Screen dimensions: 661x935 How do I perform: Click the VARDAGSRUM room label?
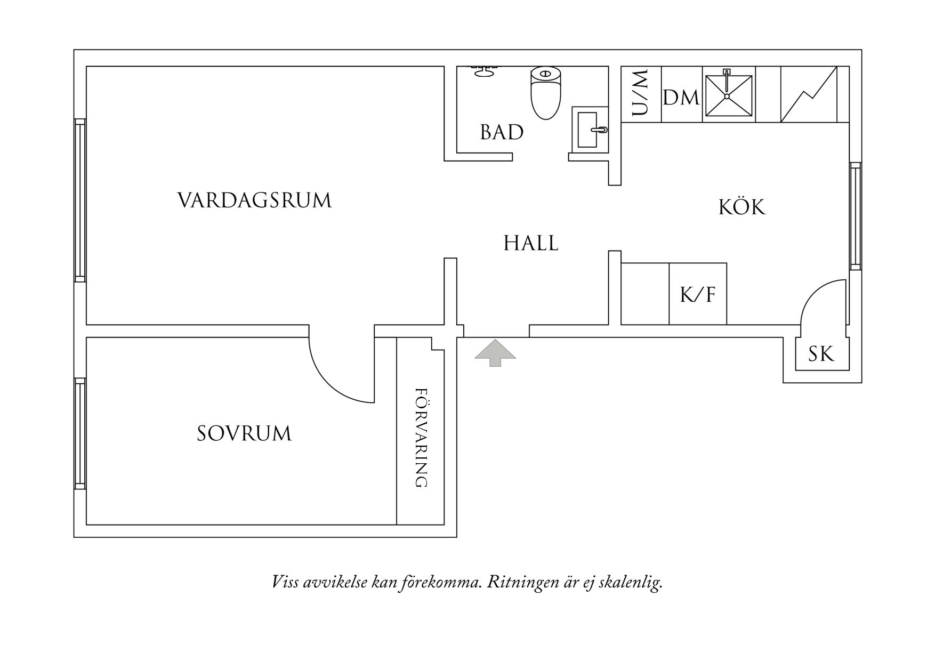[254, 200]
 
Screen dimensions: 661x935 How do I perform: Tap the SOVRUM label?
[244, 433]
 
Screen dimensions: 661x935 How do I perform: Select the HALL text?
[531, 243]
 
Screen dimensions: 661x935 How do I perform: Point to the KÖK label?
[741, 207]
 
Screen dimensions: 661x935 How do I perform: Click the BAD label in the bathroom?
[502, 132]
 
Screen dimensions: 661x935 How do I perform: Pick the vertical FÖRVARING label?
[421, 438]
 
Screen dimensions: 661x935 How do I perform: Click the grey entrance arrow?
[495, 352]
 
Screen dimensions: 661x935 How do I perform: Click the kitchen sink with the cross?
[728, 95]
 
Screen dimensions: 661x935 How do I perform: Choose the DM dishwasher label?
[681, 98]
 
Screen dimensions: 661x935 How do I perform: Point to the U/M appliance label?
[641, 93]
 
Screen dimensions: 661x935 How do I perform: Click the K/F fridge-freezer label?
[698, 295]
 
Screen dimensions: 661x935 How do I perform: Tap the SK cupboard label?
[821, 354]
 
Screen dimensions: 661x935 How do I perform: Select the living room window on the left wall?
[80, 200]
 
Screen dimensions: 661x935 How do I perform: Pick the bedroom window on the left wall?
[80, 433]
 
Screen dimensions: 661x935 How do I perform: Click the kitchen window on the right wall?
[855, 216]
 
